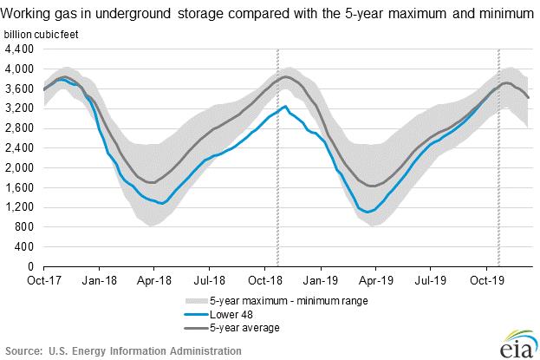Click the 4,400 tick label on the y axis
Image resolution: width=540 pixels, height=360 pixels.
(x=19, y=49)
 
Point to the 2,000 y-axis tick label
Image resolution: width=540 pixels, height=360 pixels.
(x=19, y=167)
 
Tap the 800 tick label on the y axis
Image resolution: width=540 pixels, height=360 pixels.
(x=24, y=227)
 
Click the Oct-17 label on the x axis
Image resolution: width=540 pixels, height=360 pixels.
(x=43, y=281)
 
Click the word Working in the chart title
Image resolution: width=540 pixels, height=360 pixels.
(x=24, y=11)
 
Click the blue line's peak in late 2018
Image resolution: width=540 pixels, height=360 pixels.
(x=286, y=107)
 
